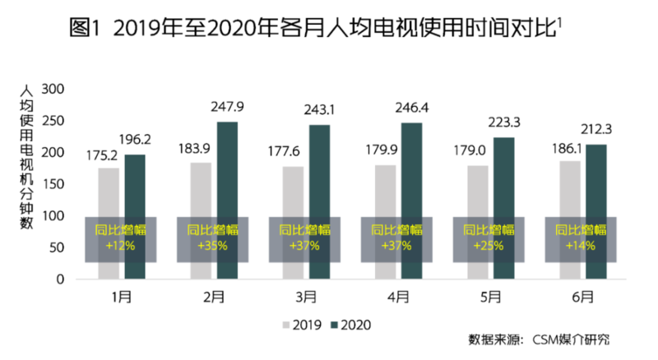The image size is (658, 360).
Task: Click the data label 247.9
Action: tap(229, 107)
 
